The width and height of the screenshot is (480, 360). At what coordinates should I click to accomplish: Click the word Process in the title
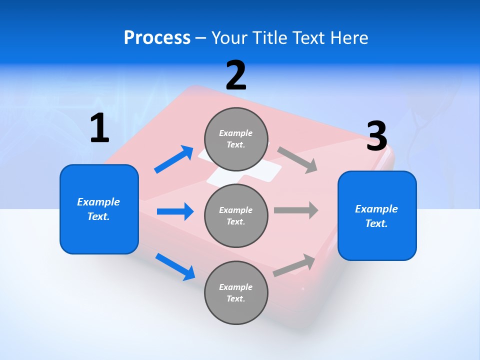tap(157, 38)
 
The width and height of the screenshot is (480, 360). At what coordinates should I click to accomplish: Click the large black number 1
tap(99, 128)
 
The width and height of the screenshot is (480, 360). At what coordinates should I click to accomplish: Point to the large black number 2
tap(236, 75)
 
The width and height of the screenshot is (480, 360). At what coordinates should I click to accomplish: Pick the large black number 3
tap(376, 136)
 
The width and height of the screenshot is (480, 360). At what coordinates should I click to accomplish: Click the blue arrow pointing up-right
tap(174, 159)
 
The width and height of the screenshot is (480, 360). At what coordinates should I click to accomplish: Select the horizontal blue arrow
tap(175, 211)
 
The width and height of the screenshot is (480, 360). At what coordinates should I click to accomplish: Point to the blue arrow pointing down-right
tap(175, 266)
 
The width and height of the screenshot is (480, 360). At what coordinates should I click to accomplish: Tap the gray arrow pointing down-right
tap(297, 159)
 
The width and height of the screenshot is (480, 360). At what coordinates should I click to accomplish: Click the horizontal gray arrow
tap(296, 210)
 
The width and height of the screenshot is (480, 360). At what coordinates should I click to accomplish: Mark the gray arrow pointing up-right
tap(294, 265)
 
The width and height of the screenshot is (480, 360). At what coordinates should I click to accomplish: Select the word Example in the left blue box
tap(98, 202)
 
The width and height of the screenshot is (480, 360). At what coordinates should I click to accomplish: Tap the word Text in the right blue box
tap(376, 223)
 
